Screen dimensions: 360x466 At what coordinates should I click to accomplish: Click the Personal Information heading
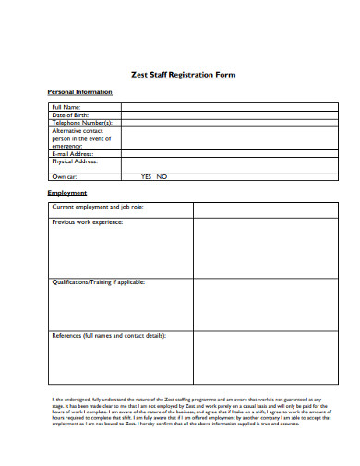(79, 92)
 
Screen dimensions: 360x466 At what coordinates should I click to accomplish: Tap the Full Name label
(67, 107)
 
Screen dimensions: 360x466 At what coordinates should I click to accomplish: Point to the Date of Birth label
(70, 114)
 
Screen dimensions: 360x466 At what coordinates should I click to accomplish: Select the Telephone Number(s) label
(82, 122)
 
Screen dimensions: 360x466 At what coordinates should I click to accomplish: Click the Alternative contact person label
(81, 137)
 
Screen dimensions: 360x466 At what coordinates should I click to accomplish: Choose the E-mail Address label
(74, 153)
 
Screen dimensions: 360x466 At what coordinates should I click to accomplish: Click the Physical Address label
(76, 161)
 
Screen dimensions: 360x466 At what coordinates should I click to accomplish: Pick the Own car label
(64, 175)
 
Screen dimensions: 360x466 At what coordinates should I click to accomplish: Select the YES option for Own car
(146, 175)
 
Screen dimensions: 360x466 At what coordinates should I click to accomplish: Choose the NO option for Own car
(162, 175)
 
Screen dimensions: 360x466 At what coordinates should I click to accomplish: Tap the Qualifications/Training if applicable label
(99, 281)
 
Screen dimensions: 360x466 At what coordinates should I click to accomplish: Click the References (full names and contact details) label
(109, 335)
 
